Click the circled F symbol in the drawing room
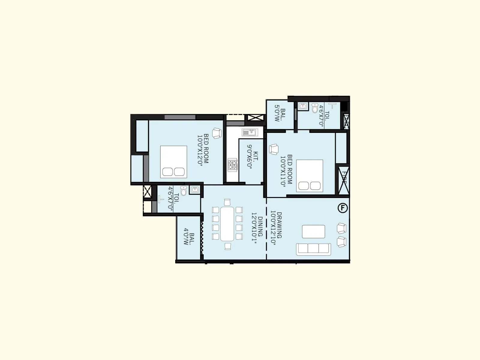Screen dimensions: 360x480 [343, 208]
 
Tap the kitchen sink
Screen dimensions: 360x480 [249, 132]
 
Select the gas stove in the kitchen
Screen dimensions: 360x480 [232, 165]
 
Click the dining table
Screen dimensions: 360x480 [227, 224]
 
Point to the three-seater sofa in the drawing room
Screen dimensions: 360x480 [313, 249]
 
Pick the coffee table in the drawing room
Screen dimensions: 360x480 [313, 232]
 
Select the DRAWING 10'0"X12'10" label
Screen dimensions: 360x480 [276, 229]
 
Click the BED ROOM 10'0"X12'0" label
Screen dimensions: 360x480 [203, 149]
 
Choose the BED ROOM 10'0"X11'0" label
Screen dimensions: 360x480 [286, 171]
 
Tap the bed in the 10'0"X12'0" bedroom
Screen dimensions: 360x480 [173, 162]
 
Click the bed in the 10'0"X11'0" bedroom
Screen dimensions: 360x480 [310, 176]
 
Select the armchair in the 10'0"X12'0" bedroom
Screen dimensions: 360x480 [216, 133]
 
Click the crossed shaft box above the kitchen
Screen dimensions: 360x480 [255, 117]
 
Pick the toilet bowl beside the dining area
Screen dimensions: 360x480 [184, 191]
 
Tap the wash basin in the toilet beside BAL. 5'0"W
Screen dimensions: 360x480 [302, 106]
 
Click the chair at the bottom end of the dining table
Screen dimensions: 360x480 [227, 246]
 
